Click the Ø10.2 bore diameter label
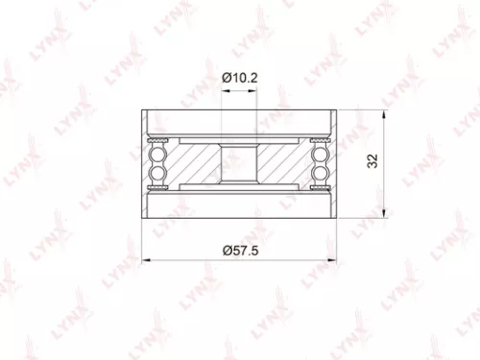pyautogui.click(x=239, y=76)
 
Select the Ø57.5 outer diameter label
pyautogui.click(x=239, y=249)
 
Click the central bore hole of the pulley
pyautogui.click(x=239, y=164)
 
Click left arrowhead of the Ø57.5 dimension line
pyautogui.click(x=145, y=259)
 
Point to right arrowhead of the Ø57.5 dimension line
pyautogui.click(x=333, y=259)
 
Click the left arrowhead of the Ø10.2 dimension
pyautogui.click(x=226, y=92)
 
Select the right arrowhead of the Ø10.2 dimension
pyautogui.click(x=253, y=92)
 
